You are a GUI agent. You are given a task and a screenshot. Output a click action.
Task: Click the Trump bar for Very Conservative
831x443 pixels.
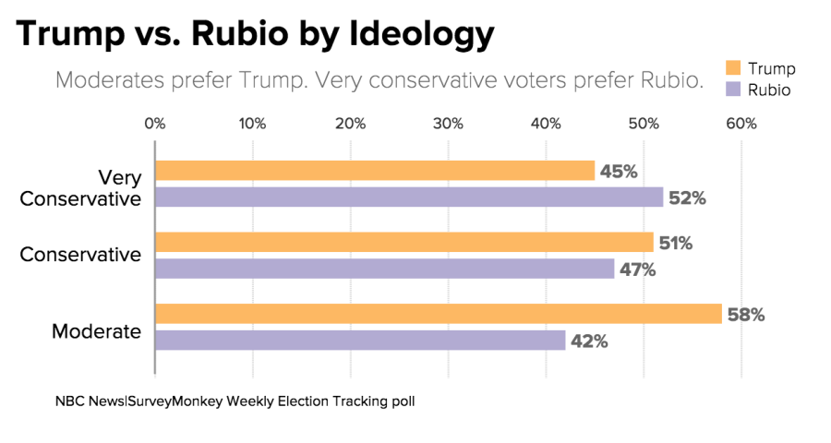[x=375, y=171]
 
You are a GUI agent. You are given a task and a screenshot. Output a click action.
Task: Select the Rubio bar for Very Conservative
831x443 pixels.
[x=409, y=198]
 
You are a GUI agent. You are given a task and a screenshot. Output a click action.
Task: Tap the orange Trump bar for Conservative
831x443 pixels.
[x=404, y=243]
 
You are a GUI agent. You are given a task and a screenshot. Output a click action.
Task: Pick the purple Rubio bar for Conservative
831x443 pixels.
[x=384, y=269]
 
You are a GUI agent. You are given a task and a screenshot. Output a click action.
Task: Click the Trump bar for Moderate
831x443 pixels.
[x=438, y=314]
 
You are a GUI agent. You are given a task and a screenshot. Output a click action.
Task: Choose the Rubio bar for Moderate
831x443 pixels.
[x=360, y=341]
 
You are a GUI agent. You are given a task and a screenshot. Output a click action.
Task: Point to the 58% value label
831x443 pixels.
[x=746, y=315]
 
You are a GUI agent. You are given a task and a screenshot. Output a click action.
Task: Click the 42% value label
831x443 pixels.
[x=589, y=341]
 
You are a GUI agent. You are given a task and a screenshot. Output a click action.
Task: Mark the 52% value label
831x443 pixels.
[x=687, y=198]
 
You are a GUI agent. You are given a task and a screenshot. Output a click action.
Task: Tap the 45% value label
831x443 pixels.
[x=619, y=171]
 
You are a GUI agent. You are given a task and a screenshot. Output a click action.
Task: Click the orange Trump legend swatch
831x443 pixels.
[x=734, y=68]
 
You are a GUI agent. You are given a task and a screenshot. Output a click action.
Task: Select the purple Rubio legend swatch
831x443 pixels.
[x=734, y=90]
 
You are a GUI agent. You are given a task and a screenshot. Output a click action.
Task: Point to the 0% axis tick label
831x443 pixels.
[x=154, y=124]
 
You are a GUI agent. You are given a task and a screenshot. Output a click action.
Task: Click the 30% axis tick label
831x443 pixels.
[x=448, y=124]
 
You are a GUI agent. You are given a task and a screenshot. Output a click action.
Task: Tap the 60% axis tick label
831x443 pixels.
[x=741, y=124]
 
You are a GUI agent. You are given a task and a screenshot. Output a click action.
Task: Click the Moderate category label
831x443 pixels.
[x=96, y=330]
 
